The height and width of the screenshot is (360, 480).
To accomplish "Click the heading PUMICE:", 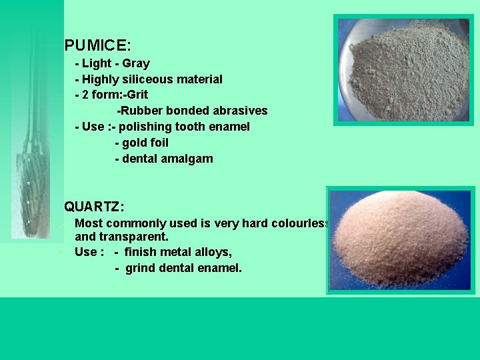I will point(97,46).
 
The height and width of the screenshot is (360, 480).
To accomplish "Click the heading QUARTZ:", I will point(94,207).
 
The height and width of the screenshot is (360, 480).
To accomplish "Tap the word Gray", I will point(136,63).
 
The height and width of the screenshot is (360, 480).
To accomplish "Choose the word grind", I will point(139,268).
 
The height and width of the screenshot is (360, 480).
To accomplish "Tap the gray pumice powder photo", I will point(403,69).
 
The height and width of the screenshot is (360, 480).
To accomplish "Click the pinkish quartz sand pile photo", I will point(401,240).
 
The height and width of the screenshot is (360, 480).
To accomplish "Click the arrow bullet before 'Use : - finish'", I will point(60,252).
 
